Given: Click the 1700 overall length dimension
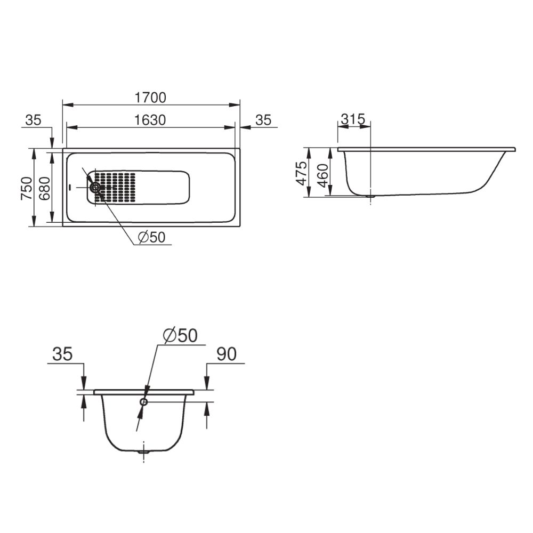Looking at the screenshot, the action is (151, 98).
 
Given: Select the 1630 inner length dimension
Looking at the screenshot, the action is (150, 120).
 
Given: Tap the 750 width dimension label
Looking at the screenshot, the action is (27, 188).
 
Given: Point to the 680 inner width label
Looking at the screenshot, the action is (45, 188).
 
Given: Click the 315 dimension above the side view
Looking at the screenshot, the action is (353, 119).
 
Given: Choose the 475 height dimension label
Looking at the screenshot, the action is (301, 173).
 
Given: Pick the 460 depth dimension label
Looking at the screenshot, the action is (322, 175).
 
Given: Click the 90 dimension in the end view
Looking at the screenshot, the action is (227, 354).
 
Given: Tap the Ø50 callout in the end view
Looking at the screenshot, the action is (180, 335).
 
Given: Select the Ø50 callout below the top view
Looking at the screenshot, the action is (151, 237).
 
